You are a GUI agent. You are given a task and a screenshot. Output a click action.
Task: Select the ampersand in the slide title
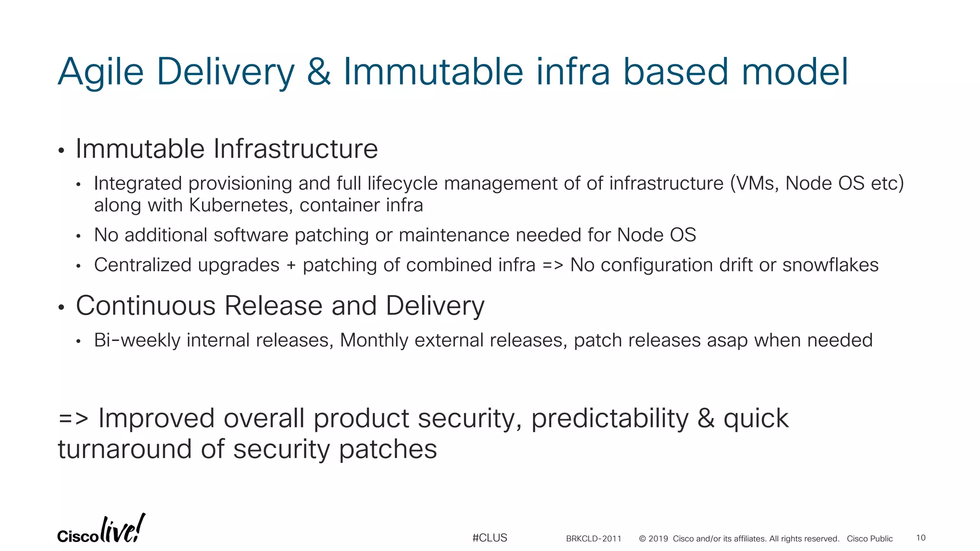pyautogui.click(x=319, y=72)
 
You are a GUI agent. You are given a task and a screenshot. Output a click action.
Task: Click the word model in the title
pyautogui.click(x=794, y=72)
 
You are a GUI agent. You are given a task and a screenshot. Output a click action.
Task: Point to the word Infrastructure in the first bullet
pyautogui.click(x=295, y=149)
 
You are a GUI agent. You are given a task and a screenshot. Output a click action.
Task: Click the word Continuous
pyautogui.click(x=145, y=306)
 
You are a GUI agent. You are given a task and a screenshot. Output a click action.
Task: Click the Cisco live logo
pyautogui.click(x=101, y=530)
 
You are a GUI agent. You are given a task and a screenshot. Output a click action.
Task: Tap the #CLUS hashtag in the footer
pyautogui.click(x=490, y=538)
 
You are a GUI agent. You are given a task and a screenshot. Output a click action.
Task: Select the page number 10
pyautogui.click(x=921, y=538)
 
